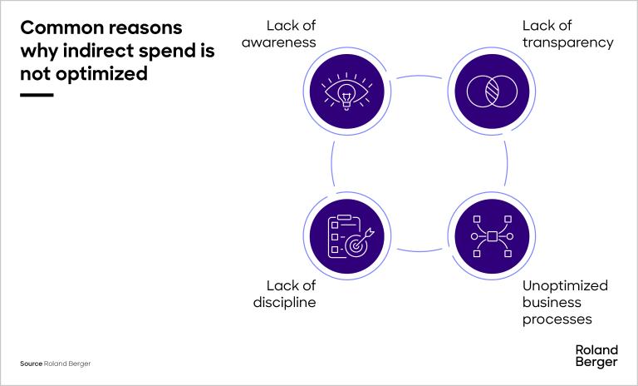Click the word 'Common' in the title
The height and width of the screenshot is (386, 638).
[x=61, y=28]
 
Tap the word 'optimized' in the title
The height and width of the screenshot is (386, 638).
[x=101, y=74]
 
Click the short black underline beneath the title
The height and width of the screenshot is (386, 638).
[x=37, y=95]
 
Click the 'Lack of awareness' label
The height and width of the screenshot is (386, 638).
[x=279, y=34]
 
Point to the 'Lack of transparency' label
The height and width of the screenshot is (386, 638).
[x=568, y=34]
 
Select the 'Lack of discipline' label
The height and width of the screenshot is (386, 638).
[x=284, y=294]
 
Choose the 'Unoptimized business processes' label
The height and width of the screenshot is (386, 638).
[x=565, y=302]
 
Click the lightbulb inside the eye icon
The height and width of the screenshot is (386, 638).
[x=346, y=97]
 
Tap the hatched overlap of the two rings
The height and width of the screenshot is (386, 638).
[x=493, y=91]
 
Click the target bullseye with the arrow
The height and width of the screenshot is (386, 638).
[x=358, y=243]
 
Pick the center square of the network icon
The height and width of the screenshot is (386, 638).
[x=493, y=236]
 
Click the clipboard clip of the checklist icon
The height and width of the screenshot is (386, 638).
[x=344, y=217]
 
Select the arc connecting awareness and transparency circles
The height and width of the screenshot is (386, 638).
[x=420, y=77]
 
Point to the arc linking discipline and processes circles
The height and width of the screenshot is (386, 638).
[x=420, y=250]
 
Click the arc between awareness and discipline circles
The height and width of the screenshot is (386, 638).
[x=332, y=163]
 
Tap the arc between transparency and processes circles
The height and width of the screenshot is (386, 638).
[x=507, y=163]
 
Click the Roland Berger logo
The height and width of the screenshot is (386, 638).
[x=596, y=356]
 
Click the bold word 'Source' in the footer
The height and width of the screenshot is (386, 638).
[x=32, y=364]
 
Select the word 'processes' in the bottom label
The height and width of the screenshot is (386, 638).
[x=557, y=319]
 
